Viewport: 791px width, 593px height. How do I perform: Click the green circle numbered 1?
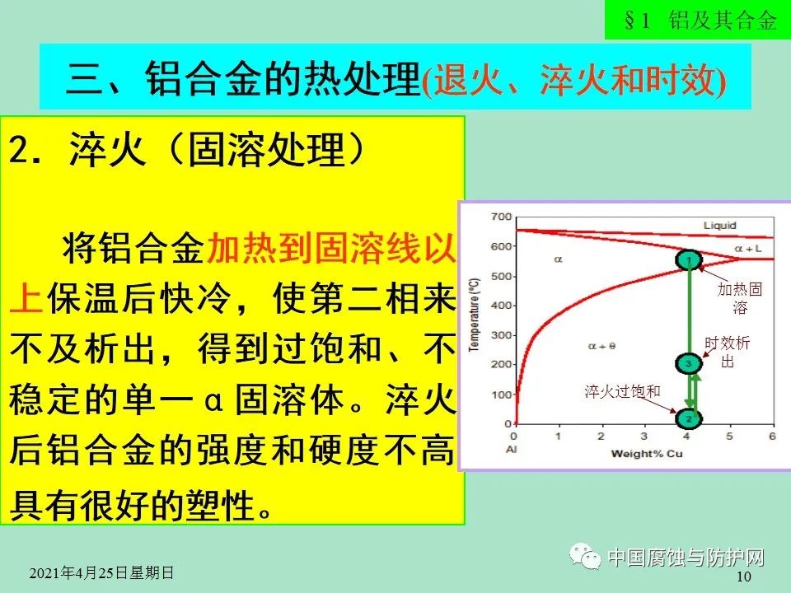tap(689, 260)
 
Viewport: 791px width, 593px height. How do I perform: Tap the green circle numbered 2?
tap(689, 418)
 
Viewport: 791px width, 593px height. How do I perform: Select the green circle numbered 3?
tap(689, 363)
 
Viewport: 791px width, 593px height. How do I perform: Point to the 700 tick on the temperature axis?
tap(500, 217)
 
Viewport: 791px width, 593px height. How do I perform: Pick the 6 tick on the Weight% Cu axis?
tap(772, 435)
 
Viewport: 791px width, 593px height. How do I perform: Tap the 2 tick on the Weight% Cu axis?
tap(600, 435)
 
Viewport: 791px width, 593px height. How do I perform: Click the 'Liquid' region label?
tap(719, 224)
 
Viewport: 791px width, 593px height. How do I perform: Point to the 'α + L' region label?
tap(748, 248)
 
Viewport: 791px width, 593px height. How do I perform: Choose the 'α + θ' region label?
tap(601, 346)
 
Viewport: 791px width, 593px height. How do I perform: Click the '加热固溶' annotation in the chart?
tap(739, 298)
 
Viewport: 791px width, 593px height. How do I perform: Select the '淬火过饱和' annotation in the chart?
tap(623, 392)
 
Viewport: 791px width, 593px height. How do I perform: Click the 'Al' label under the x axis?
tap(514, 449)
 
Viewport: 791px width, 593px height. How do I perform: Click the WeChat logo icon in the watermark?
tap(589, 558)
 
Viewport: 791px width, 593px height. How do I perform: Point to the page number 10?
tap(743, 577)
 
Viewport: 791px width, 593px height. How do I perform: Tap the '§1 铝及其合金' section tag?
tap(700, 21)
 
